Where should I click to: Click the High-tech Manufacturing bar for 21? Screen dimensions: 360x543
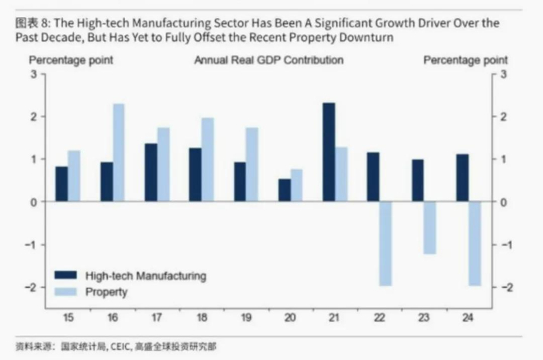(329, 152)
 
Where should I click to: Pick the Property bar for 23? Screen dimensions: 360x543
(431, 227)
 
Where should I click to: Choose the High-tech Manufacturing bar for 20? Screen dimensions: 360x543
(285, 191)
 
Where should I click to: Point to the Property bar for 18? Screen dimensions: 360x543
(207, 160)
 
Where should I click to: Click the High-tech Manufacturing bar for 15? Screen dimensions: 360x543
(62, 185)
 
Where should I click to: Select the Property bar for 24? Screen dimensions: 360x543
(475, 244)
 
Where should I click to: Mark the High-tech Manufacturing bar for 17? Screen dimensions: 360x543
(150, 172)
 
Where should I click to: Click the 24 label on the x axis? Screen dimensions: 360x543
(469, 317)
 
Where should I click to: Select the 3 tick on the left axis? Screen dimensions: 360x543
(33, 74)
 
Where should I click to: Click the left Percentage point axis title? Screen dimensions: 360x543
(71, 60)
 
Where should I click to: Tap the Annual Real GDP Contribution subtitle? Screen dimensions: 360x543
(268, 60)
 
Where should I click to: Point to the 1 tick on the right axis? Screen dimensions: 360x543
(503, 159)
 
